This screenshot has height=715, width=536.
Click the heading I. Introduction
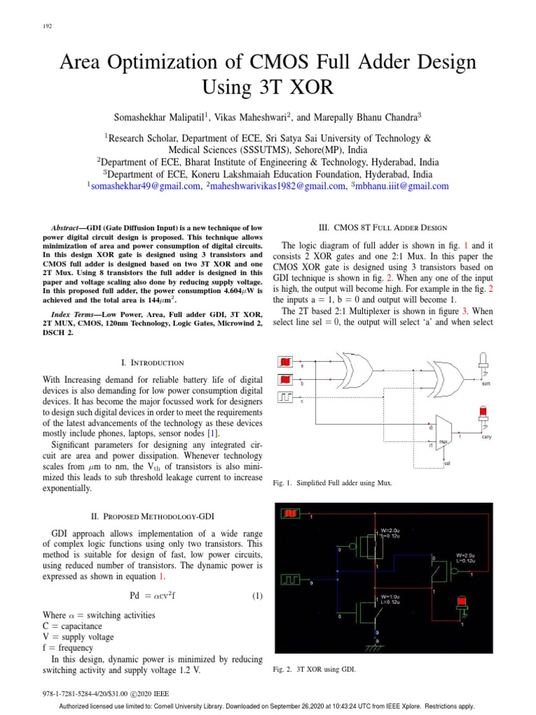153,362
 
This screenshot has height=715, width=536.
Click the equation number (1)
257,596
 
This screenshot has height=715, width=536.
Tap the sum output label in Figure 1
486,383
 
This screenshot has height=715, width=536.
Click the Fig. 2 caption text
314,670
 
